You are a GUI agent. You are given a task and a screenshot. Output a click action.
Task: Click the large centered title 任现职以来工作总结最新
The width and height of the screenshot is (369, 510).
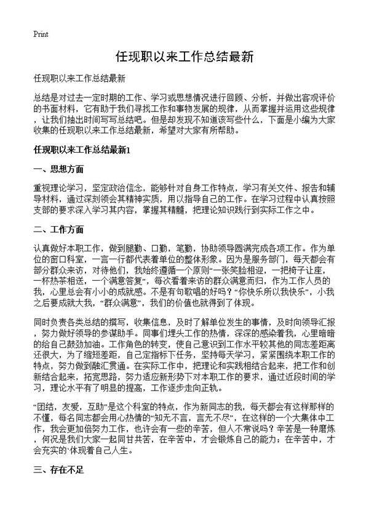tap(184, 57)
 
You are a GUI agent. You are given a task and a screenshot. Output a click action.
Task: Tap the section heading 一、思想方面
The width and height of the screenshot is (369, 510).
tap(59, 169)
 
